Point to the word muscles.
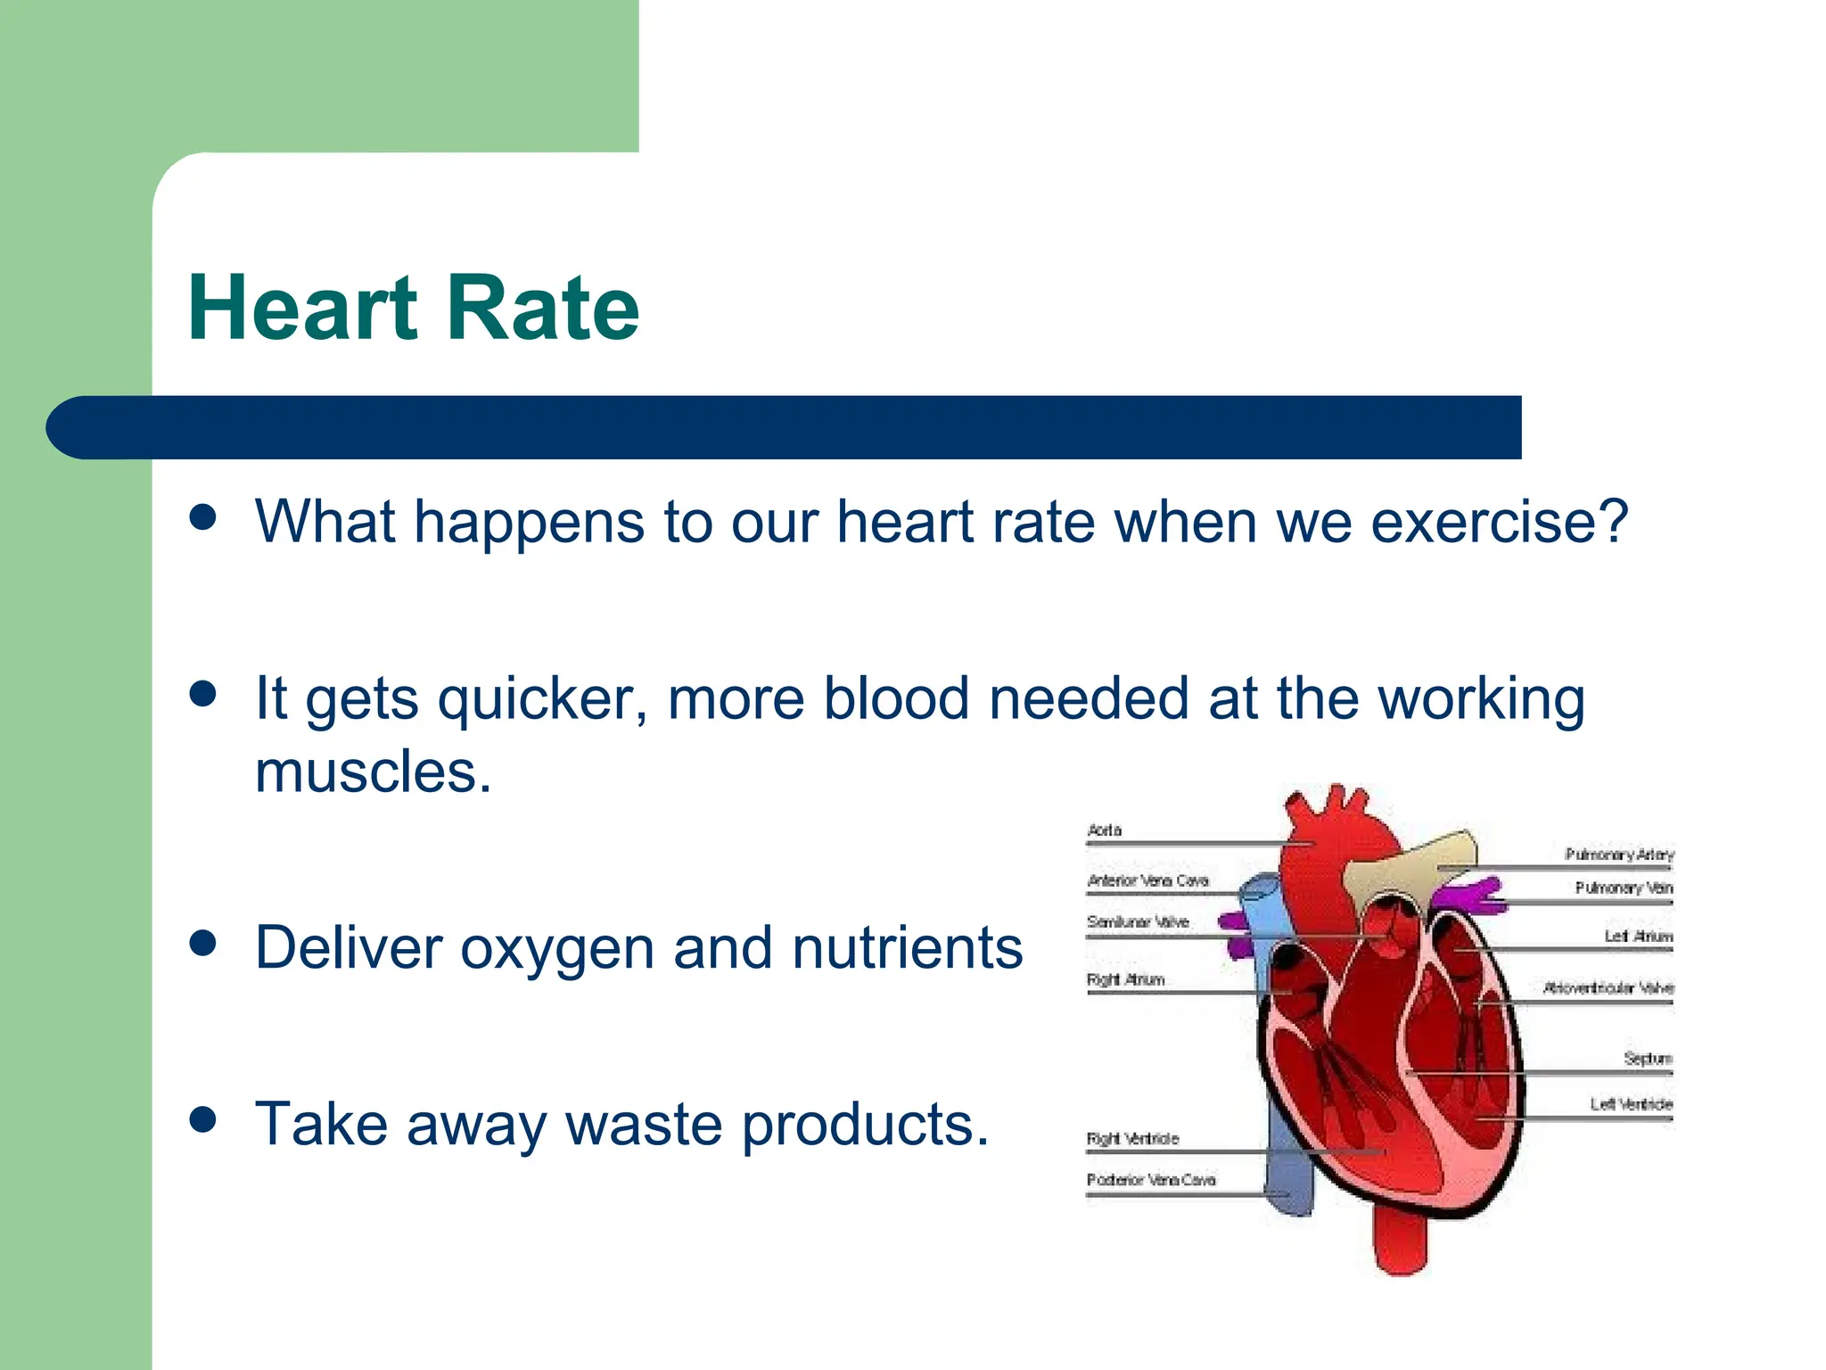(x=373, y=772)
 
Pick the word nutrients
(x=907, y=947)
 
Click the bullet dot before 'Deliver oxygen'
(x=203, y=943)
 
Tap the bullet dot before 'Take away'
(x=203, y=1119)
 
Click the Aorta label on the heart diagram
(x=1105, y=830)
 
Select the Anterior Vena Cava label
(x=1147, y=881)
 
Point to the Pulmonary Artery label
(x=1619, y=854)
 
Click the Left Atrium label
(x=1639, y=937)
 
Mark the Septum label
(x=1648, y=1059)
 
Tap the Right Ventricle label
(x=1132, y=1139)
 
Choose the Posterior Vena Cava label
(x=1150, y=1180)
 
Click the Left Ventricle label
(x=1631, y=1104)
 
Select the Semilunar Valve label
(x=1138, y=922)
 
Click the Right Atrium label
(x=1125, y=980)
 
